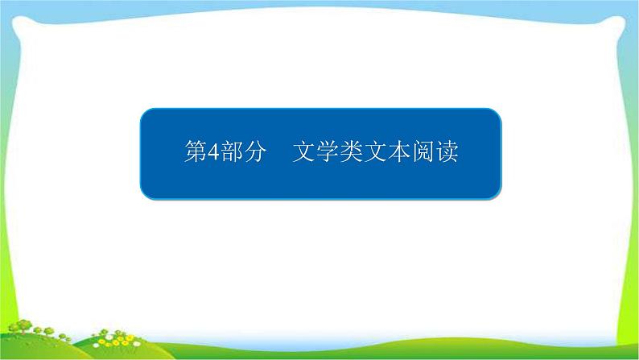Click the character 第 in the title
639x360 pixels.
tap(196, 151)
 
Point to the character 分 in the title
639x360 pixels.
tap(255, 151)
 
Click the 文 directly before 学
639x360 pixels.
tap(303, 151)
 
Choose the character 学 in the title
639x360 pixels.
tap(328, 151)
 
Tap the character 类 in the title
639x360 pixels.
tap(352, 151)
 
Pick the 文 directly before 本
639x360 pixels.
tap(375, 151)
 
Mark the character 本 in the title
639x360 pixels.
tap(399, 151)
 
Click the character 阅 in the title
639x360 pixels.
tap(423, 151)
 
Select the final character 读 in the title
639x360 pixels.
tap(447, 151)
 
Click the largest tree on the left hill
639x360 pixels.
tap(23, 326)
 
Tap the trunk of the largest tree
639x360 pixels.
tap(24, 332)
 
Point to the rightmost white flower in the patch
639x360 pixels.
tap(137, 344)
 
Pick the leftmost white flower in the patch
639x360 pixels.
tap(97, 345)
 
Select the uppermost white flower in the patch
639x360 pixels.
tap(109, 337)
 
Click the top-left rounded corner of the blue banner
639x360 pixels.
tap(144, 112)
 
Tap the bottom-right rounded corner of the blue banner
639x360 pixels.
tap(497, 196)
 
